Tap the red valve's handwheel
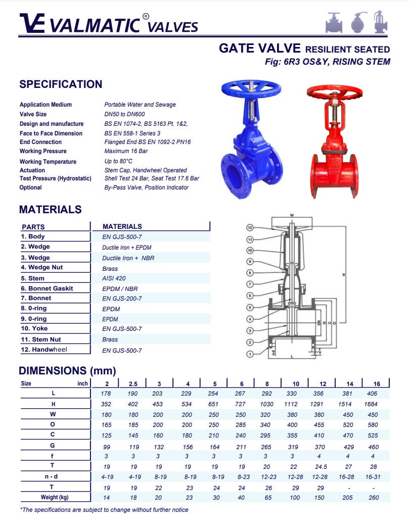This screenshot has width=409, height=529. click(334, 91)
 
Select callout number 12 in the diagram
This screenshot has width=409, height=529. click(250, 228)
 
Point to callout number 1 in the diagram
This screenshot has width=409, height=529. click(250, 354)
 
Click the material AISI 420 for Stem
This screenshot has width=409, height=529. click(114, 278)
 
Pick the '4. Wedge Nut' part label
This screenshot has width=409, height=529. click(42, 267)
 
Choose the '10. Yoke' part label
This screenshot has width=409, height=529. click(34, 328)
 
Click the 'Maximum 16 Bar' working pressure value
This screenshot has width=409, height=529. click(126, 151)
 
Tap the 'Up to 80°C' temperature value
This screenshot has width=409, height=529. click(118, 161)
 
